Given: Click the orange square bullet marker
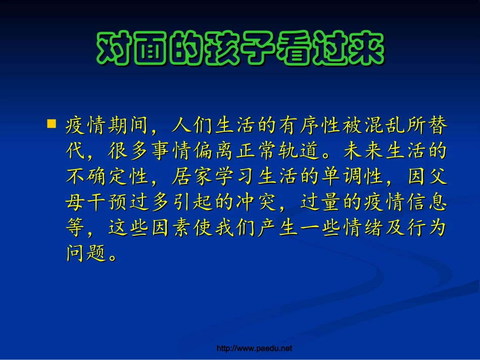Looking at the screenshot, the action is pyautogui.click(x=52, y=124).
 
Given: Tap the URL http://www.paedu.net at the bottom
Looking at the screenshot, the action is pyautogui.click(x=254, y=348).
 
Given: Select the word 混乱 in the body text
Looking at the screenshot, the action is pyautogui.click(x=385, y=125).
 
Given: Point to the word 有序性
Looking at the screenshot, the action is pyautogui.click(x=309, y=125).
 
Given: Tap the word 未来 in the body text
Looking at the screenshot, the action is pyautogui.click(x=364, y=151).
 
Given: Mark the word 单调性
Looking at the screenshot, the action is pyautogui.click(x=352, y=176).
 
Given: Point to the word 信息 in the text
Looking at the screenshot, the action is pyautogui.click(x=427, y=202).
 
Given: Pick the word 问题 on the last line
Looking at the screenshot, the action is pyautogui.click(x=86, y=253).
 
